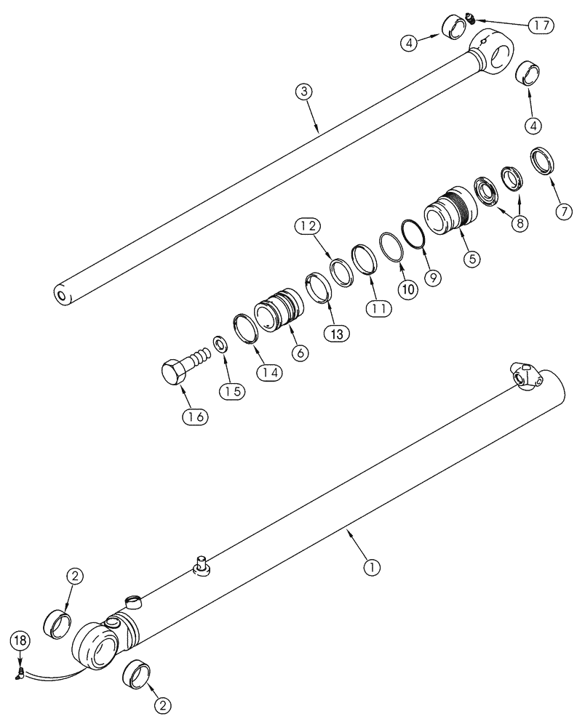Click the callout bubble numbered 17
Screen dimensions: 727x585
(x=541, y=25)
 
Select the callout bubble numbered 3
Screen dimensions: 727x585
(x=305, y=92)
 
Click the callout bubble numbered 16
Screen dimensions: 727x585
(x=196, y=417)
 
